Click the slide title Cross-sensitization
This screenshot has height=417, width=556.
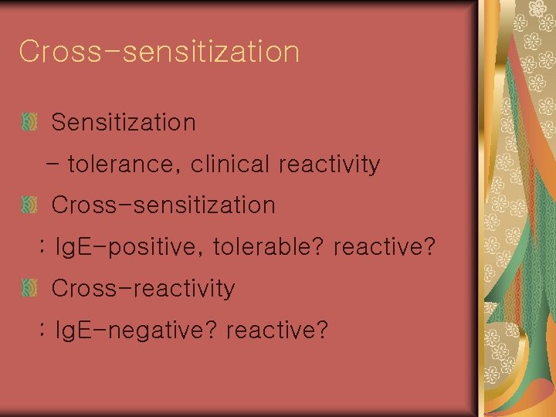159,52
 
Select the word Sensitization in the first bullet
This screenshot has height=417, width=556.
124,122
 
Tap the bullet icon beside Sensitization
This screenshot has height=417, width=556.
29,122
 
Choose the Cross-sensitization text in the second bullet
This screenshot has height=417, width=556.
163,205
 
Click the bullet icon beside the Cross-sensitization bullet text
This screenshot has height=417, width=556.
29,205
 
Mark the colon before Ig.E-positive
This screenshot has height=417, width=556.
42,248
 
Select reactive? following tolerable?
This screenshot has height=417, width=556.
385,248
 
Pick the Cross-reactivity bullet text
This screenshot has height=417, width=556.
143,289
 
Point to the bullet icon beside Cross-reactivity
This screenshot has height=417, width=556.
29,289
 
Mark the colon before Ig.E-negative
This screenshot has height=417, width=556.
42,331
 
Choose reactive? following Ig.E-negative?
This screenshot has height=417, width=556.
277,331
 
